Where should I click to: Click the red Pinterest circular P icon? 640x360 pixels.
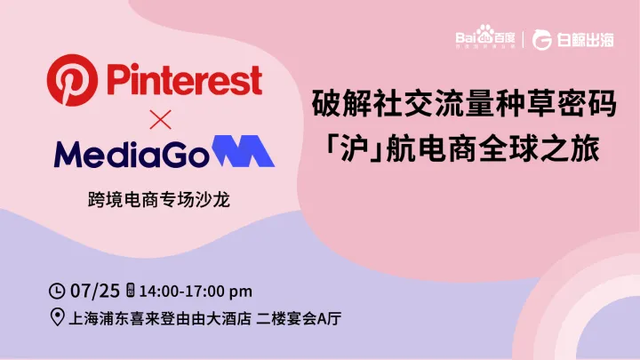click(70, 79)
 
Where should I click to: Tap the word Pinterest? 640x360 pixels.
click(184, 79)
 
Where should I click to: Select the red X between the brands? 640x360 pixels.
click(157, 118)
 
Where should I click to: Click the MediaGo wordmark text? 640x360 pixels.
click(130, 154)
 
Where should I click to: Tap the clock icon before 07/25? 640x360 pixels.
click(58, 291)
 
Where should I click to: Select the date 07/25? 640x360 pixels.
click(93, 291)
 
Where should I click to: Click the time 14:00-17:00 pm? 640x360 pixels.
click(196, 291)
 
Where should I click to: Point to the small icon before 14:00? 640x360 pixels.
click(131, 291)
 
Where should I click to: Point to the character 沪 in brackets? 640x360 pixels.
click(354, 147)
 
